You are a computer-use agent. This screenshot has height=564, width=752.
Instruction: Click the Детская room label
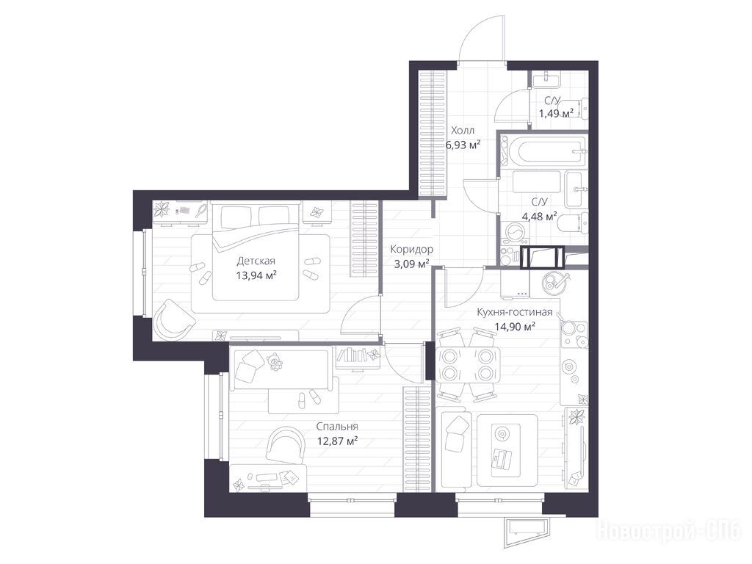(x=256, y=261)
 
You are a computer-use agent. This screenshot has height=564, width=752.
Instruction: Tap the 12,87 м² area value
(x=338, y=441)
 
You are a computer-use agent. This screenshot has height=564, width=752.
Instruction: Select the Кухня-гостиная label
(x=515, y=312)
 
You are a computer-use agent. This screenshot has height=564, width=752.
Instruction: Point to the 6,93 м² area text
(x=463, y=145)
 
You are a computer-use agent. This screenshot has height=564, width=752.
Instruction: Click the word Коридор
(x=411, y=250)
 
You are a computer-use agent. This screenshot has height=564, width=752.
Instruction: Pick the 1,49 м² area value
(x=556, y=114)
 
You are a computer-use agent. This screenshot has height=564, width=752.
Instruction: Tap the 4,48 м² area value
(x=539, y=217)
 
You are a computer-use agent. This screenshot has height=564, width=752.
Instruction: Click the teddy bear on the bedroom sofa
(x=275, y=361)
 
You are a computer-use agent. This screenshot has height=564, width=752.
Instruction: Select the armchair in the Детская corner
(x=173, y=317)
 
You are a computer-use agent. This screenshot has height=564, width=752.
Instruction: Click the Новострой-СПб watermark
(x=669, y=532)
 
